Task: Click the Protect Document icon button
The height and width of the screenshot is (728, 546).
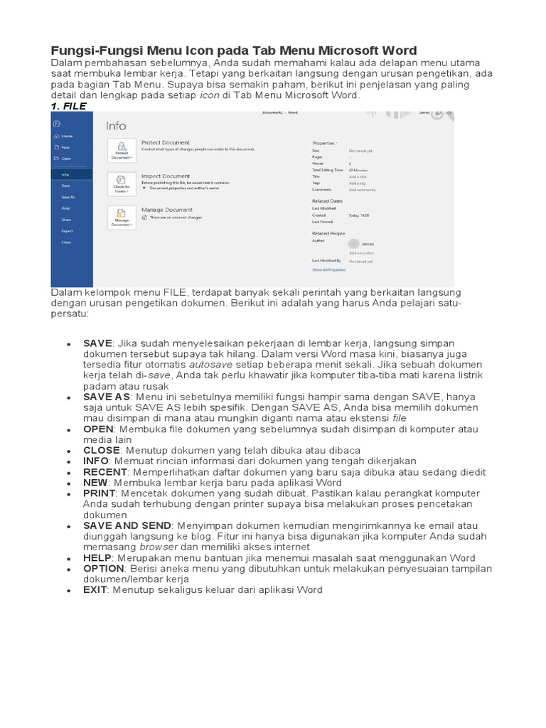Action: [x=121, y=150]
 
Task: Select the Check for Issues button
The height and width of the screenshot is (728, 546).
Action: [x=121, y=184]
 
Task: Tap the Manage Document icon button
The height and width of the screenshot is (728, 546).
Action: [x=121, y=218]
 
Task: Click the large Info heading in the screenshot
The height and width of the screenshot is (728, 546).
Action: [x=116, y=126]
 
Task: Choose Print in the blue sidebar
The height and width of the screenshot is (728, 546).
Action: [x=65, y=208]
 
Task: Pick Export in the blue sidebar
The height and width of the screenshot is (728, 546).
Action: [x=67, y=231]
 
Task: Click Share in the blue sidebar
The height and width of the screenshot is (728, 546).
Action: [x=66, y=220]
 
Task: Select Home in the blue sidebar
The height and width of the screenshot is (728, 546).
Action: [x=67, y=135]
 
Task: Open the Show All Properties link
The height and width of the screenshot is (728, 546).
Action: [x=328, y=270]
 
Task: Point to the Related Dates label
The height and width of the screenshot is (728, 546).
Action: [x=326, y=200]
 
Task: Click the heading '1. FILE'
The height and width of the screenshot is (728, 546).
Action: [x=68, y=106]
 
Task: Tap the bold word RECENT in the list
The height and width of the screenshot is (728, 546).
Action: [x=104, y=472]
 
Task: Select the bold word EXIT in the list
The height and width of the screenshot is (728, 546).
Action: [x=95, y=590]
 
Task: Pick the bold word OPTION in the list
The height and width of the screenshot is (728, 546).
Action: [x=104, y=569]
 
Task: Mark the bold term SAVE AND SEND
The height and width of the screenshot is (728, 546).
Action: [x=127, y=525]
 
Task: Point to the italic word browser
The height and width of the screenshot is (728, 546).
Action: [x=159, y=547]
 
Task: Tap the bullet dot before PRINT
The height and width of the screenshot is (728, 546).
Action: [x=68, y=494]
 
